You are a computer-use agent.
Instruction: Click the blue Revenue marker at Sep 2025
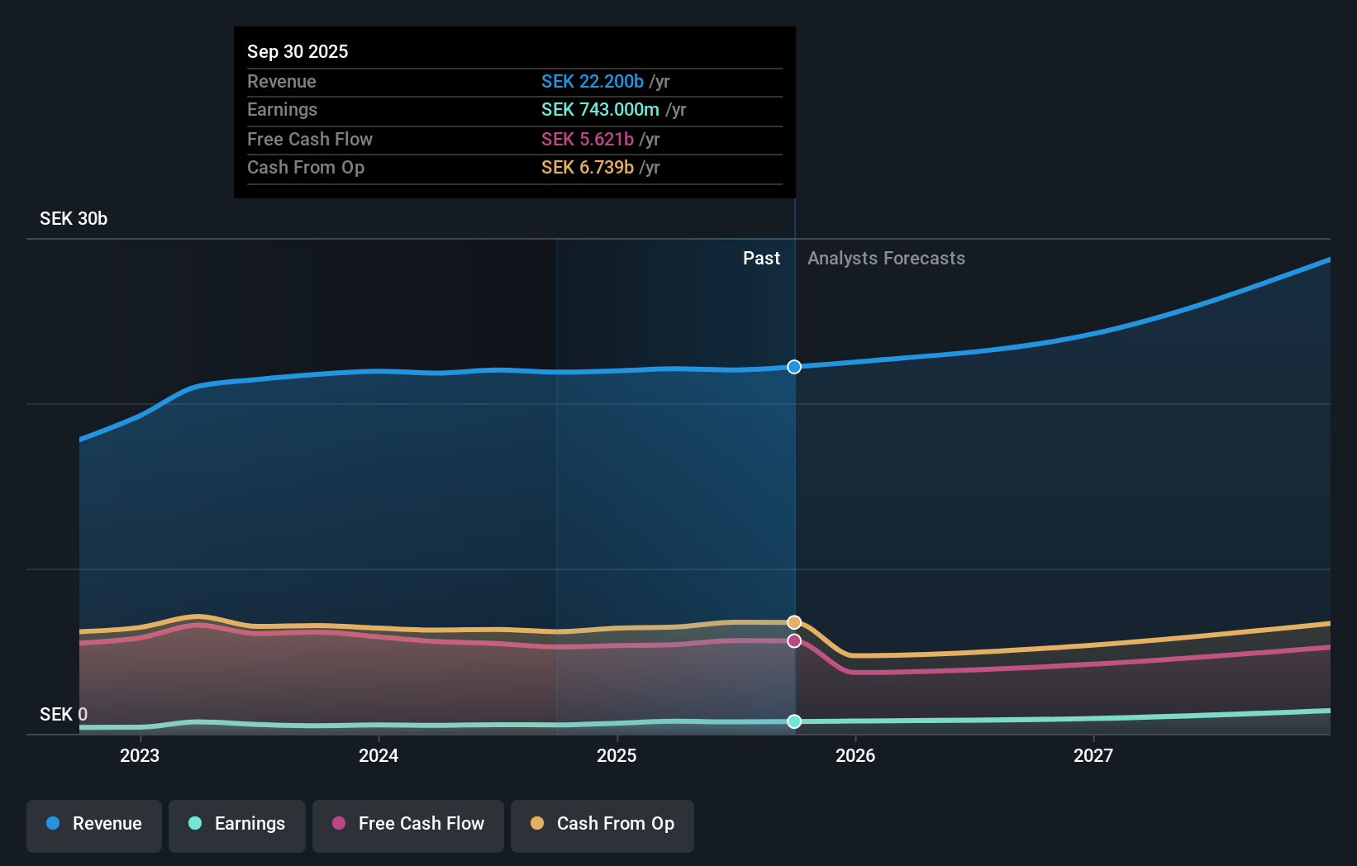pyautogui.click(x=794, y=367)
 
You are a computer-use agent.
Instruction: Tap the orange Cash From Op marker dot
pyautogui.click(x=794, y=622)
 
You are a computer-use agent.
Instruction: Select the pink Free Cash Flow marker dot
pyautogui.click(x=794, y=641)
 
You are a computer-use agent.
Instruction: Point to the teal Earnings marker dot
pyautogui.click(x=794, y=721)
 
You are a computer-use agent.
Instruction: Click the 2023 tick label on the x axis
pyautogui.click(x=140, y=755)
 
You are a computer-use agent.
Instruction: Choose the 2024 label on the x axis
pyautogui.click(x=379, y=755)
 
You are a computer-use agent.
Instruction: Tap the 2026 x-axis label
pyautogui.click(x=855, y=755)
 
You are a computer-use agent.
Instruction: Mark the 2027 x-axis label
pyautogui.click(x=1093, y=755)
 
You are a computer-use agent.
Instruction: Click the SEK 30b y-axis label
pyautogui.click(x=74, y=219)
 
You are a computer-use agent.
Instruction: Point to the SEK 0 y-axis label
pyautogui.click(x=64, y=714)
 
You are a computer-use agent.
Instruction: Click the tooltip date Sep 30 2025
pyautogui.click(x=298, y=51)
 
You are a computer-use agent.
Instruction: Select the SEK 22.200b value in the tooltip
pyautogui.click(x=592, y=81)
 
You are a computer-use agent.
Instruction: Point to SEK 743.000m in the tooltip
pyautogui.click(x=600, y=110)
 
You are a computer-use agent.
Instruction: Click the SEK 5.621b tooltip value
pyautogui.click(x=587, y=139)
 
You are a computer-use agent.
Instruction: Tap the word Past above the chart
pyautogui.click(x=761, y=259)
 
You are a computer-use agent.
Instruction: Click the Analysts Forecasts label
pyautogui.click(x=886, y=259)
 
